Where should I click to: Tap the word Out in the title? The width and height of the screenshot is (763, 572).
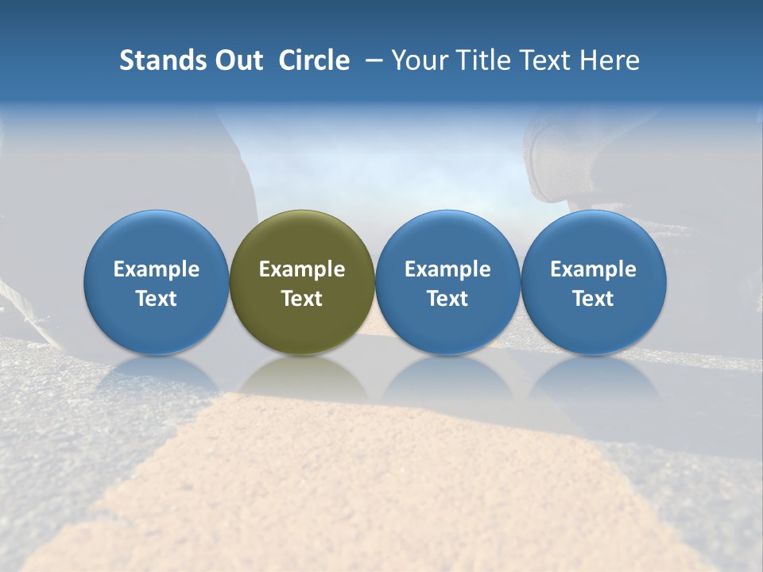(237, 60)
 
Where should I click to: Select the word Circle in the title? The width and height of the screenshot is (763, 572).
(314, 60)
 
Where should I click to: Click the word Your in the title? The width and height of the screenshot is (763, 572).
(418, 60)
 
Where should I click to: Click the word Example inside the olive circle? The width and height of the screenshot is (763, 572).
(302, 269)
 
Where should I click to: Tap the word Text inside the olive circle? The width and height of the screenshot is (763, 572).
(302, 299)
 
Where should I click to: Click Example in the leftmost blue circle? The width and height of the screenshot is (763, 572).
(157, 269)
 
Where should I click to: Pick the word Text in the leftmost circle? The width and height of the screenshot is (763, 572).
(157, 299)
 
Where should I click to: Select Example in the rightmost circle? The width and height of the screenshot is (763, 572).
(593, 269)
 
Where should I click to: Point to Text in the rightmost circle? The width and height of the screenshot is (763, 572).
(593, 299)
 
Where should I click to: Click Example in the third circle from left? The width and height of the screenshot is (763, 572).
(447, 269)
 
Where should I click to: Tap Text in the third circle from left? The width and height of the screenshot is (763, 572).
(447, 299)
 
